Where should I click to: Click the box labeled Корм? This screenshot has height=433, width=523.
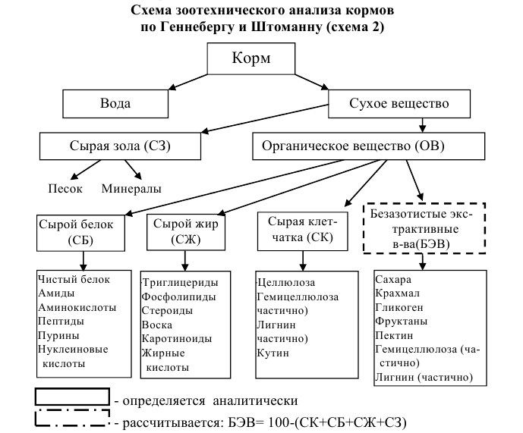pos(261,58)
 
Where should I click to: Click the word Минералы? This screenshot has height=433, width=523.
pos(131,188)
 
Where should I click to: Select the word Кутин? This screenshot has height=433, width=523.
pos(273,353)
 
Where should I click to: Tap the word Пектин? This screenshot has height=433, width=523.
pos(392,334)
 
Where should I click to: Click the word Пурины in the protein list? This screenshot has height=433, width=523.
pos(55,335)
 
